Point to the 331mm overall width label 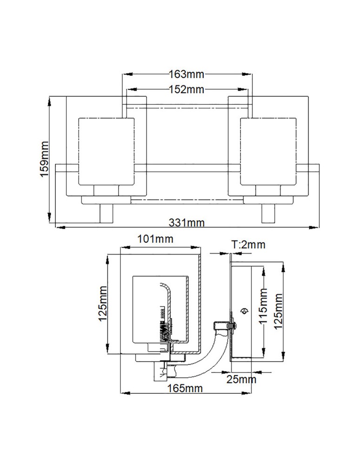pyautogui.click(x=186, y=222)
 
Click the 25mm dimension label pyautogui.click(x=242, y=379)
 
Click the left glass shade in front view pyautogui.click(x=107, y=151)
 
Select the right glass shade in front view pyautogui.click(x=268, y=151)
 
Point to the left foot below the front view pyautogui.click(x=107, y=213)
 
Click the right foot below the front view pyautogui.click(x=268, y=213)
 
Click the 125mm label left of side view pyautogui.click(x=103, y=304)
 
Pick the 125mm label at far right pyautogui.click(x=278, y=311)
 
